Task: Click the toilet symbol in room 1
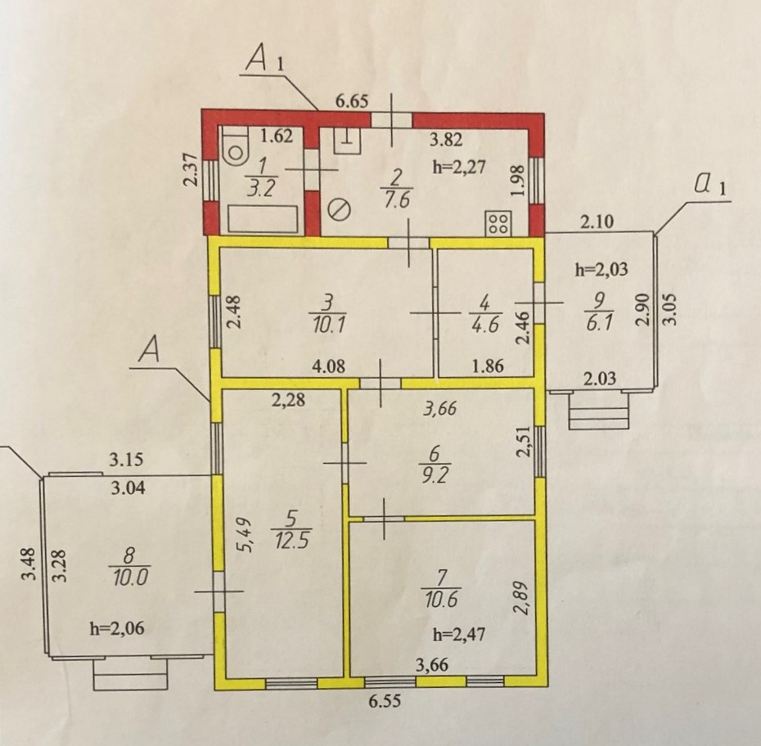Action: [236, 147]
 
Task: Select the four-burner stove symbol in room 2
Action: [497, 223]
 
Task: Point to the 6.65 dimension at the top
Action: [353, 102]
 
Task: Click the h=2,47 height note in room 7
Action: [453, 632]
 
